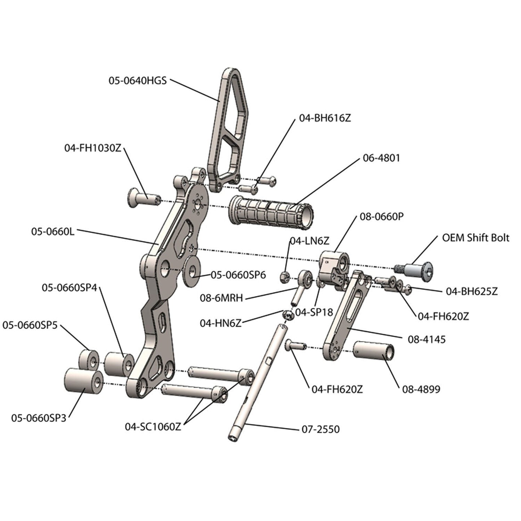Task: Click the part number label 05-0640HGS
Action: click(x=138, y=80)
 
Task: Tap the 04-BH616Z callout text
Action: click(x=324, y=118)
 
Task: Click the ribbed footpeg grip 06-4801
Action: click(x=270, y=212)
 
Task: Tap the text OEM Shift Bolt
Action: click(x=476, y=238)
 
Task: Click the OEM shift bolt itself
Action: click(x=418, y=269)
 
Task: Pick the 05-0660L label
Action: click(x=53, y=231)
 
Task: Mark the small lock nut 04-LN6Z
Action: click(x=284, y=277)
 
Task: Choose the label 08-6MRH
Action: click(x=221, y=298)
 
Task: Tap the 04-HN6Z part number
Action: click(x=220, y=323)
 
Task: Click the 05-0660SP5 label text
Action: click(x=30, y=325)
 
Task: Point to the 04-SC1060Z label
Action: click(x=153, y=427)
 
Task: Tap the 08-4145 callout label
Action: click(x=427, y=339)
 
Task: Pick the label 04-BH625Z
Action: click(x=472, y=291)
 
